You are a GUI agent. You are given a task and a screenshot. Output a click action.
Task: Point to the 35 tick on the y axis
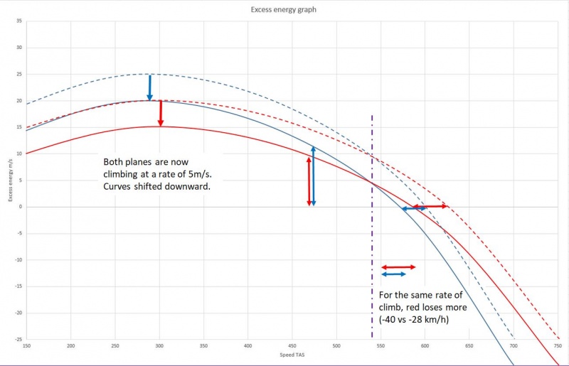click(x=20, y=21)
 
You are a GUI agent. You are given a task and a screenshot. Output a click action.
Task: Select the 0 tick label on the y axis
click(x=21, y=207)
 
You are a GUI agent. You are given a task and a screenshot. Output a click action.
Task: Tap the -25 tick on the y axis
click(x=19, y=339)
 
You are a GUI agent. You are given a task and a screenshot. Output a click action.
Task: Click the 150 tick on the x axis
click(x=27, y=345)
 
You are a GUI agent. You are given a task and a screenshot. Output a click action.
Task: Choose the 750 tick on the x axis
click(x=557, y=345)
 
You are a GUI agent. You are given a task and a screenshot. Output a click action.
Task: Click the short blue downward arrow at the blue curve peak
click(x=149, y=87)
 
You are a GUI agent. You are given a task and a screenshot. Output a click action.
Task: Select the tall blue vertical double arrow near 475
click(x=314, y=176)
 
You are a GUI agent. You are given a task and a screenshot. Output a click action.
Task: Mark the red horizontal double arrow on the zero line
click(x=430, y=206)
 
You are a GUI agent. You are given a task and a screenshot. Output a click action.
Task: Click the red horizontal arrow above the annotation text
click(x=398, y=267)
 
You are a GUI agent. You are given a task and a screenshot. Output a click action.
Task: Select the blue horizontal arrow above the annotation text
click(x=393, y=274)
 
